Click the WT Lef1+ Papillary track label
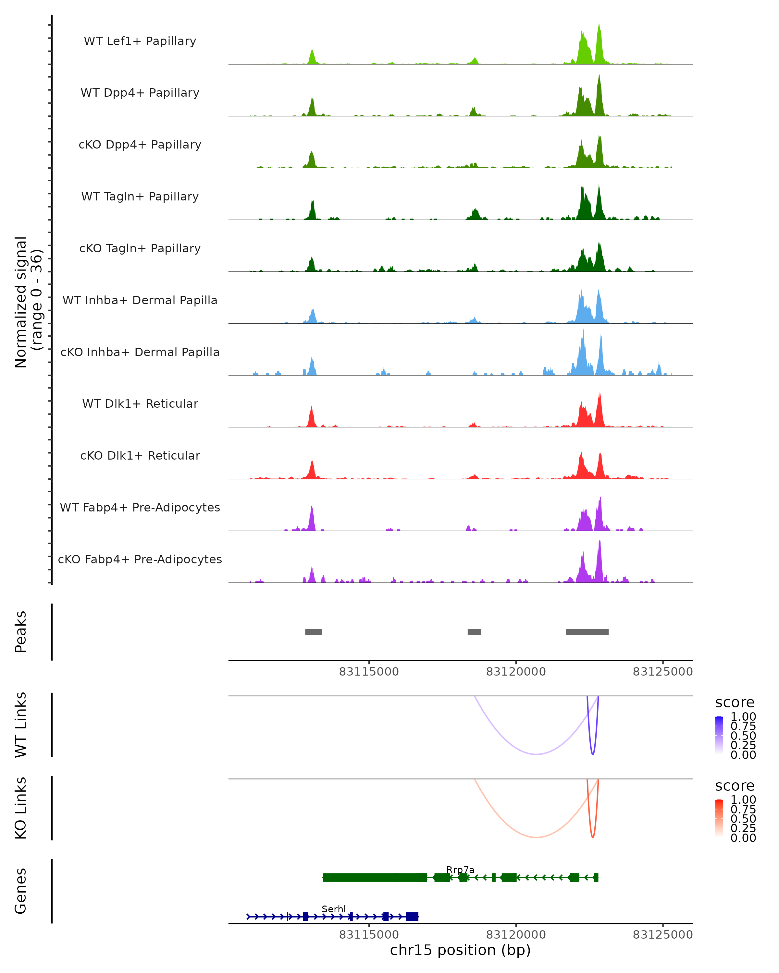(x=140, y=41)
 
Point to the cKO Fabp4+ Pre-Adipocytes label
(x=140, y=559)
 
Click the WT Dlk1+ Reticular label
(x=140, y=403)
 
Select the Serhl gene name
(x=334, y=909)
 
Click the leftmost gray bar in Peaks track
(x=314, y=632)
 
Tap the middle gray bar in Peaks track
(x=474, y=632)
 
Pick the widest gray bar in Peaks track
(x=587, y=632)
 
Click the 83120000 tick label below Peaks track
(x=516, y=672)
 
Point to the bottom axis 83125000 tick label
(x=662, y=935)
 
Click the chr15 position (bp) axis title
(x=460, y=950)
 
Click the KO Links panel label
(x=21, y=808)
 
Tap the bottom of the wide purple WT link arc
(x=536, y=754)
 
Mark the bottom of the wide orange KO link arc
(x=536, y=837)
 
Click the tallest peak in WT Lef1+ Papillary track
(x=599, y=25)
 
